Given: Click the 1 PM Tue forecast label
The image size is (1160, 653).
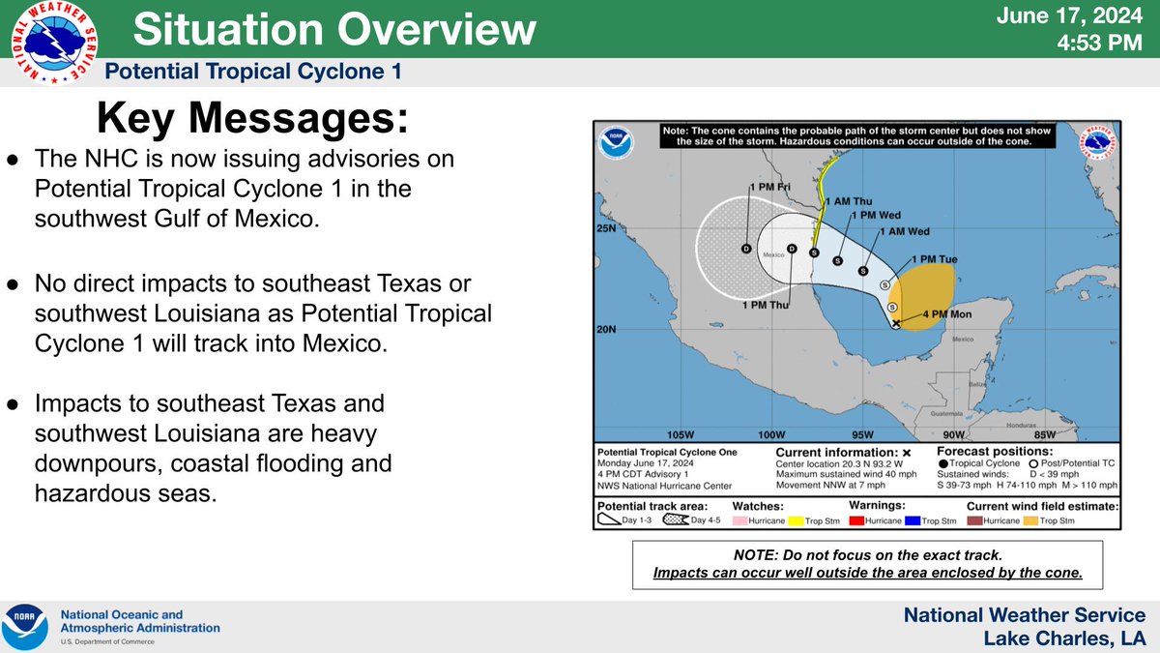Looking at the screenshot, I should pos(935,260).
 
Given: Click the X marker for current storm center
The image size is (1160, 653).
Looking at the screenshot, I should pos(896,323).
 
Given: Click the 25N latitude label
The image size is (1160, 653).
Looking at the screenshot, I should pos(606,229).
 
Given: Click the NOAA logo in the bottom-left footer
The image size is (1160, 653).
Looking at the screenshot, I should pos(24,627).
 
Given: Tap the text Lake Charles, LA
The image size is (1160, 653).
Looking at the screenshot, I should pos(1064,638).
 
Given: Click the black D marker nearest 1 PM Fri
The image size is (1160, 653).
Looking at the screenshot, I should pos(746,250).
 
